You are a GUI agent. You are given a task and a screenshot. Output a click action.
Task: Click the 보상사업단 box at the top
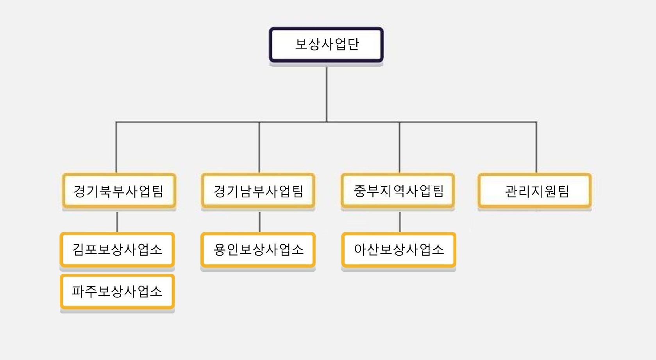click(x=326, y=45)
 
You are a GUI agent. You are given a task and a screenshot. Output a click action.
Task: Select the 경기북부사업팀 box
click(x=119, y=191)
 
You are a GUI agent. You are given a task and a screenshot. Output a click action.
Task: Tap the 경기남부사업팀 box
click(x=258, y=191)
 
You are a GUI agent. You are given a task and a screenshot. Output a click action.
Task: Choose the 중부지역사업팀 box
click(x=398, y=191)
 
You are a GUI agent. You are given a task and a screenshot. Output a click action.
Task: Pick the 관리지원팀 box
click(x=535, y=191)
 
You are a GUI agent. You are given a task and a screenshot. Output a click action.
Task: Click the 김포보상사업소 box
click(x=118, y=250)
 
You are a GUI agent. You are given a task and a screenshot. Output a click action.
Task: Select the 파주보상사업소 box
click(x=118, y=292)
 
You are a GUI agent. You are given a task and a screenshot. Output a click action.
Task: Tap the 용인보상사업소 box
click(x=258, y=250)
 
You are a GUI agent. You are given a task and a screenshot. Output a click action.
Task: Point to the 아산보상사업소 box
click(x=399, y=250)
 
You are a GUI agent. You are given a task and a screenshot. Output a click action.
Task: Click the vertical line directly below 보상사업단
click(x=327, y=94)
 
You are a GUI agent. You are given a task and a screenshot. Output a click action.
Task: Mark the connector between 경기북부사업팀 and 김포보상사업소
click(x=117, y=222)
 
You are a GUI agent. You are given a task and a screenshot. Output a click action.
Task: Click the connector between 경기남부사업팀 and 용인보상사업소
click(x=259, y=222)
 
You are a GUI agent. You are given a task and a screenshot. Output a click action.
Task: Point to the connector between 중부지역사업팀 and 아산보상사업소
click(x=400, y=222)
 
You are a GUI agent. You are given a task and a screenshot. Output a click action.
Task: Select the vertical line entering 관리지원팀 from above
click(x=536, y=147)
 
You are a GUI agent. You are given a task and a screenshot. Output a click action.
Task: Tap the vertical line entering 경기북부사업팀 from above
click(x=116, y=147)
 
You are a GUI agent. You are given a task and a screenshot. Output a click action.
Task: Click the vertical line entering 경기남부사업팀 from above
click(x=259, y=147)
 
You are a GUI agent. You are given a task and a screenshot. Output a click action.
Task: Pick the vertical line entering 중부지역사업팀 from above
click(x=399, y=147)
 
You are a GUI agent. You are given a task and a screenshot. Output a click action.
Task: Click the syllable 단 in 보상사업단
click(x=353, y=45)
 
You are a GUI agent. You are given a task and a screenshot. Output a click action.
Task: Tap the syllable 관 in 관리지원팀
click(x=511, y=192)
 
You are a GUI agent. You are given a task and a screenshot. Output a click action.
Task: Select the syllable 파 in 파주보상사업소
click(x=78, y=292)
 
